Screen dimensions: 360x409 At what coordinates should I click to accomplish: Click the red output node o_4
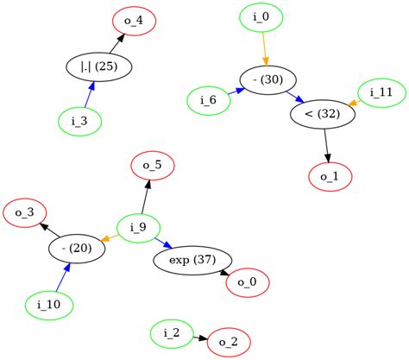tap(134, 20)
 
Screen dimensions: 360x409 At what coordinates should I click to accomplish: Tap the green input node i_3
tap(79, 120)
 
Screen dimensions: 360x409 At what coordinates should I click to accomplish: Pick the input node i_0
tap(261, 17)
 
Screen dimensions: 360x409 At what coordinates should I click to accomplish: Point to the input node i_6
tap(208, 100)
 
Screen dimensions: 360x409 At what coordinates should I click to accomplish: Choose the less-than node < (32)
tap(323, 113)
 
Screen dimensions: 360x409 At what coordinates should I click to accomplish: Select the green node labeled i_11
tap(381, 92)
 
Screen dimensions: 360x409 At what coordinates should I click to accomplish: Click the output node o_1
tap(330, 176)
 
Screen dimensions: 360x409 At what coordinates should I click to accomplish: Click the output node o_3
tap(24, 212)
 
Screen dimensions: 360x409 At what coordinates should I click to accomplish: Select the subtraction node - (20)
tap(77, 249)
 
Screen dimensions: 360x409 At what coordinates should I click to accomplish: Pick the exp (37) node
tap(192, 260)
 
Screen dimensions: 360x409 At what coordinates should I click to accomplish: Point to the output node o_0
tap(247, 282)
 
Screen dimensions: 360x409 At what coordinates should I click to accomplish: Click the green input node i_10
tap(48, 305)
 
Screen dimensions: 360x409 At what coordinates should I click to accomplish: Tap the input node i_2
tap(171, 332)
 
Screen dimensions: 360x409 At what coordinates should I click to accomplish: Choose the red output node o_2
tap(228, 342)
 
